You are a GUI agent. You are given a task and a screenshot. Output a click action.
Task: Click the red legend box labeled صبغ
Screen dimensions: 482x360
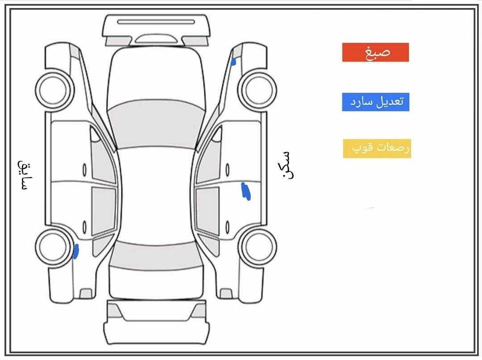[375, 52]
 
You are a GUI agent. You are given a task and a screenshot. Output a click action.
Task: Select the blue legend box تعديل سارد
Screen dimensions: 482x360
[376, 102]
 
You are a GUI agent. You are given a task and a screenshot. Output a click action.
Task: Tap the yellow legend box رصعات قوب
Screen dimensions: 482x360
[377, 149]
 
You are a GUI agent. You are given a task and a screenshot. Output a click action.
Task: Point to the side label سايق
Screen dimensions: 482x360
[25, 175]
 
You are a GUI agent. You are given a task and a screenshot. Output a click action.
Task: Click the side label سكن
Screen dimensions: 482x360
[288, 165]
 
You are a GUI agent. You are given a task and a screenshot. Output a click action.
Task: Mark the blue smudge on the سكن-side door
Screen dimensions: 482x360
[246, 191]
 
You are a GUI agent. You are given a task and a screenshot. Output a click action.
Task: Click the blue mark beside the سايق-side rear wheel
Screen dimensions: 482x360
[75, 251]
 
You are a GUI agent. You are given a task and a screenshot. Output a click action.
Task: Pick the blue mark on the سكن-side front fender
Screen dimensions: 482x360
[233, 62]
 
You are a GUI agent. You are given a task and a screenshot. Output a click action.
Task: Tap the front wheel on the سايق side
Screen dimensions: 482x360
[55, 90]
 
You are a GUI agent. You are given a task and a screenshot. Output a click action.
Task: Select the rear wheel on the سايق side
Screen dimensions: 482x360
[55, 247]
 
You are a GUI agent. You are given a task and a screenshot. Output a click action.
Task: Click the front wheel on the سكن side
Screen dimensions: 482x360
[258, 90]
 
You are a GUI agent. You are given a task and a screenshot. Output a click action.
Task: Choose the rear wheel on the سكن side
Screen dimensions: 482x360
[258, 247]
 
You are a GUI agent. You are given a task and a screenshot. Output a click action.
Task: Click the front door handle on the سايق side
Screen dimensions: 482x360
[84, 170]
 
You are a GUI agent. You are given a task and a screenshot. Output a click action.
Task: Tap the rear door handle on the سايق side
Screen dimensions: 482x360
[84, 227]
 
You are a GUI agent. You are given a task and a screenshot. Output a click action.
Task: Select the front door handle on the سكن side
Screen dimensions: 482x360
[228, 170]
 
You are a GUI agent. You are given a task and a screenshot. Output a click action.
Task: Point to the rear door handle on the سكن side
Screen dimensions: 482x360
[228, 227]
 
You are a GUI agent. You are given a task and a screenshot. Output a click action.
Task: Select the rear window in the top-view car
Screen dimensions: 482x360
[156, 256]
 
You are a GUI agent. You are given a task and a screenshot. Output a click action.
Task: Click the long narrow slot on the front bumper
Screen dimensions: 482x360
[156, 22]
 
